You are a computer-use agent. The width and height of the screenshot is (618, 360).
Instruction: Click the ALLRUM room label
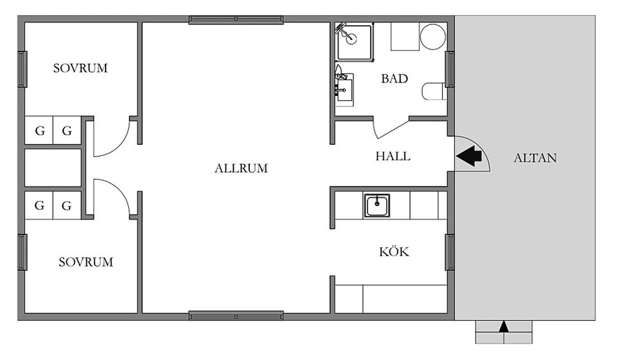pyautogui.click(x=241, y=168)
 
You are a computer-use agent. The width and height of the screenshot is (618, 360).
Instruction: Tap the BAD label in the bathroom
pyautogui.click(x=394, y=79)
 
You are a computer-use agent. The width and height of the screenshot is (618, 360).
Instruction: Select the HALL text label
pyautogui.click(x=393, y=156)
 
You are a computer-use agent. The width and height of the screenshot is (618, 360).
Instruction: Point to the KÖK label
pyautogui.click(x=394, y=251)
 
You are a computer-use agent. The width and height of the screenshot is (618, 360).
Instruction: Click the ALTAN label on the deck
pyautogui.click(x=535, y=158)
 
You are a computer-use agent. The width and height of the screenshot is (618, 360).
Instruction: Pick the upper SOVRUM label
pyautogui.click(x=80, y=68)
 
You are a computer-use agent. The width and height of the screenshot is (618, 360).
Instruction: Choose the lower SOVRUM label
pyautogui.click(x=86, y=262)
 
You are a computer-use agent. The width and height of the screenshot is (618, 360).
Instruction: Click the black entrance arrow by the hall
pyautogui.click(x=469, y=156)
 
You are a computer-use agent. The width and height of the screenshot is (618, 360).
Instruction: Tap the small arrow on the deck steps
pyautogui.click(x=503, y=327)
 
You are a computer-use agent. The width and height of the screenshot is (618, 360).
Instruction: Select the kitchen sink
pyautogui.click(x=377, y=205)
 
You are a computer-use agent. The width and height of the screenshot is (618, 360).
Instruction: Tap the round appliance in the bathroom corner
pyautogui.click(x=433, y=36)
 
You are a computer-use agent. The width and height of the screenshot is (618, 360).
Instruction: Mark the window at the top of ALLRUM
pyautogui.click(x=236, y=20)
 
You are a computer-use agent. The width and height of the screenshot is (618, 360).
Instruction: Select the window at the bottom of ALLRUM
pyautogui.click(x=236, y=316)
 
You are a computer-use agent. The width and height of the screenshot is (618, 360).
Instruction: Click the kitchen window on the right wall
pyautogui.click(x=450, y=252)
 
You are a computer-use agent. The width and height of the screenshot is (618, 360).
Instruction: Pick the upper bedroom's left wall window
pyautogui.click(x=23, y=69)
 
